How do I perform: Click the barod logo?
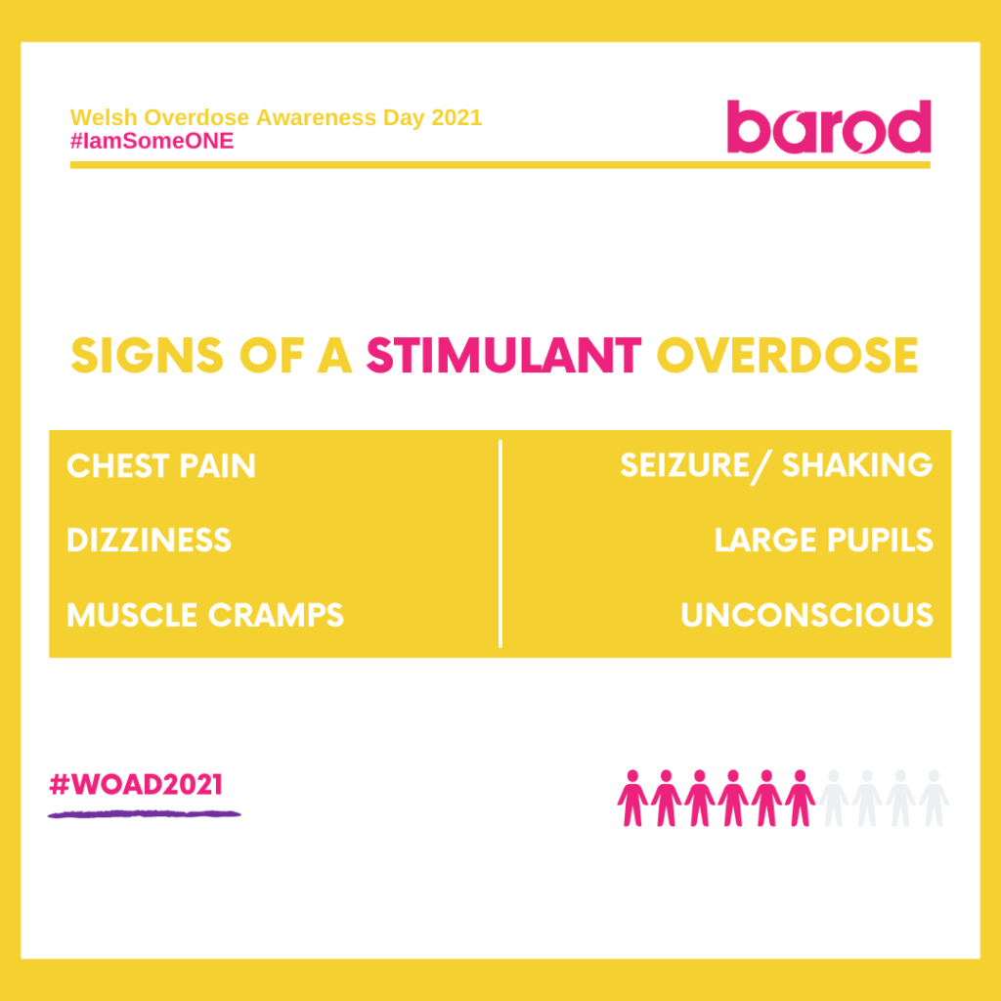tap(829, 128)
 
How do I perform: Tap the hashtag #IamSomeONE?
tap(152, 141)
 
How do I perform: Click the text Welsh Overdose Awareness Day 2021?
tap(276, 118)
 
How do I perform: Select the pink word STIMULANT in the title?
tap(503, 357)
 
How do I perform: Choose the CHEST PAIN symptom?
tap(161, 466)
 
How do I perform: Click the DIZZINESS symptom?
tap(149, 541)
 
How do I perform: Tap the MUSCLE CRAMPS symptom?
tap(205, 615)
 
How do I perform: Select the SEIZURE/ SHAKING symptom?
tap(776, 466)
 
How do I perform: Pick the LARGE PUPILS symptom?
tap(823, 541)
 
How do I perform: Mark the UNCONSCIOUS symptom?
tap(806, 615)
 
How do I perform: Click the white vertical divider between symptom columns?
tap(500, 544)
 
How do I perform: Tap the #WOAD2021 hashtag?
tap(136, 784)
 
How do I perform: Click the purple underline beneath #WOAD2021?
tap(144, 812)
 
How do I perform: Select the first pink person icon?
tap(632, 798)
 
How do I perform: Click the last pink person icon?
tap(801, 798)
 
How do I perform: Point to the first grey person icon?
tap(834, 798)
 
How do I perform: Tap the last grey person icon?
tap(935, 798)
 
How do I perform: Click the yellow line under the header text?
tap(500, 165)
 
